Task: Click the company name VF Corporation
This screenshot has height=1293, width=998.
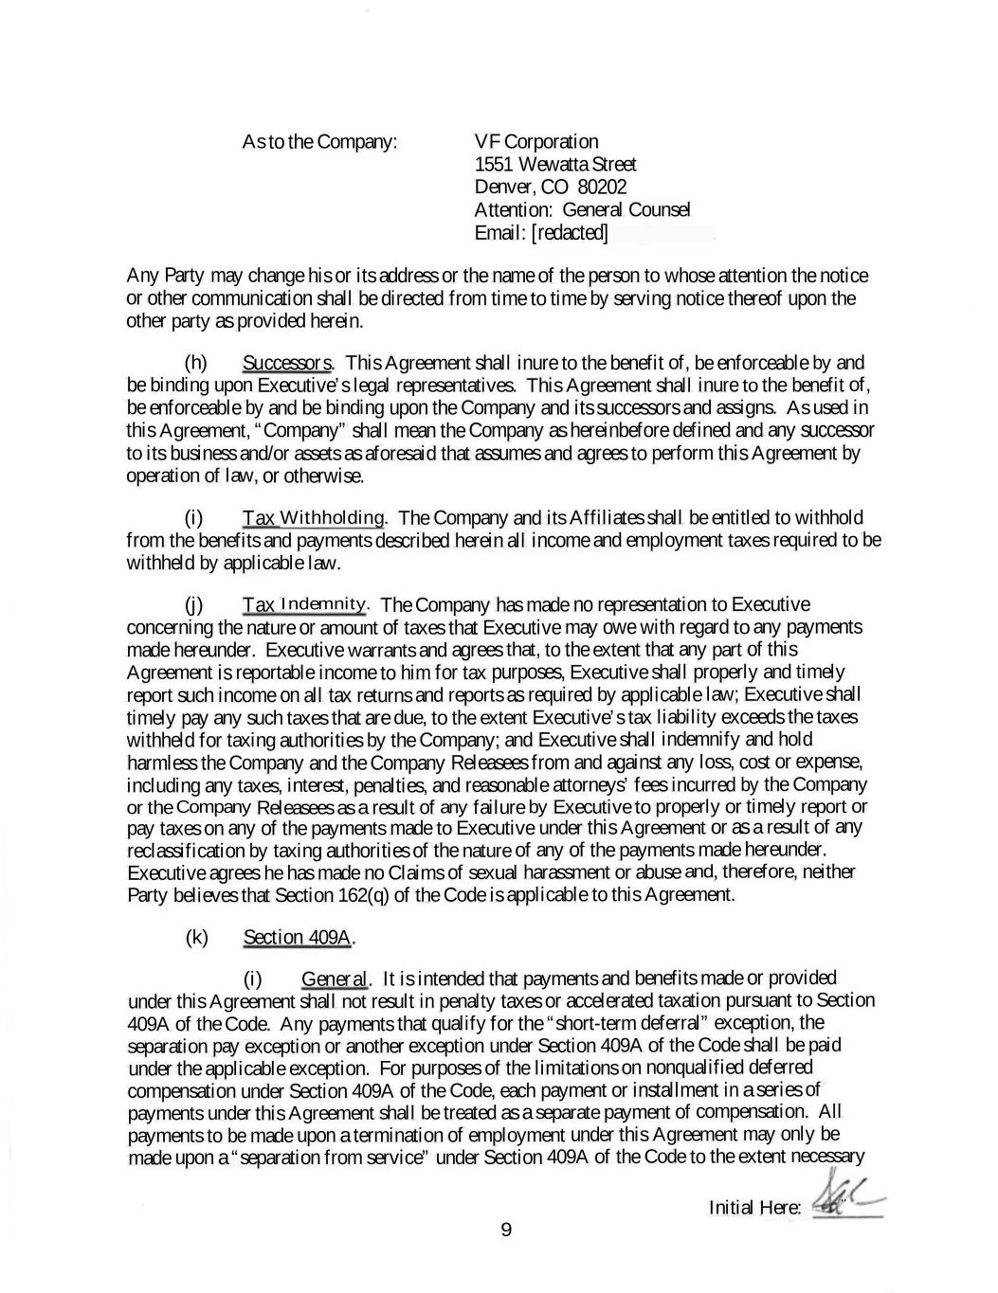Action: coord(535,142)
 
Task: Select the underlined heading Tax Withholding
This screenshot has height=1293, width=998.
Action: coord(314,518)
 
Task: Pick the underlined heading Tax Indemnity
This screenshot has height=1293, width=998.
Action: coord(304,604)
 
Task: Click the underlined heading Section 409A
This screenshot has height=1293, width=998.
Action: coord(298,938)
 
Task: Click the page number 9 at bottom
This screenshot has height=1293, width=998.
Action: coord(505,1230)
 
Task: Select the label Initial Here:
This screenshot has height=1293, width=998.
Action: coord(754,1208)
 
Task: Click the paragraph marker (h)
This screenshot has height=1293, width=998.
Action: coord(195,363)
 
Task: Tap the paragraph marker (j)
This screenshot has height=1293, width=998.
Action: coord(194,604)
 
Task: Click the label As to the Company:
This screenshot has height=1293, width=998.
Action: coord(319,142)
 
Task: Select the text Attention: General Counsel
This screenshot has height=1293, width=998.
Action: coord(582,210)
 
